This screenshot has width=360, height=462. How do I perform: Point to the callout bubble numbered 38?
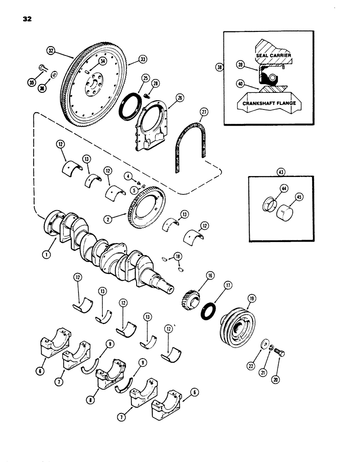219,67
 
